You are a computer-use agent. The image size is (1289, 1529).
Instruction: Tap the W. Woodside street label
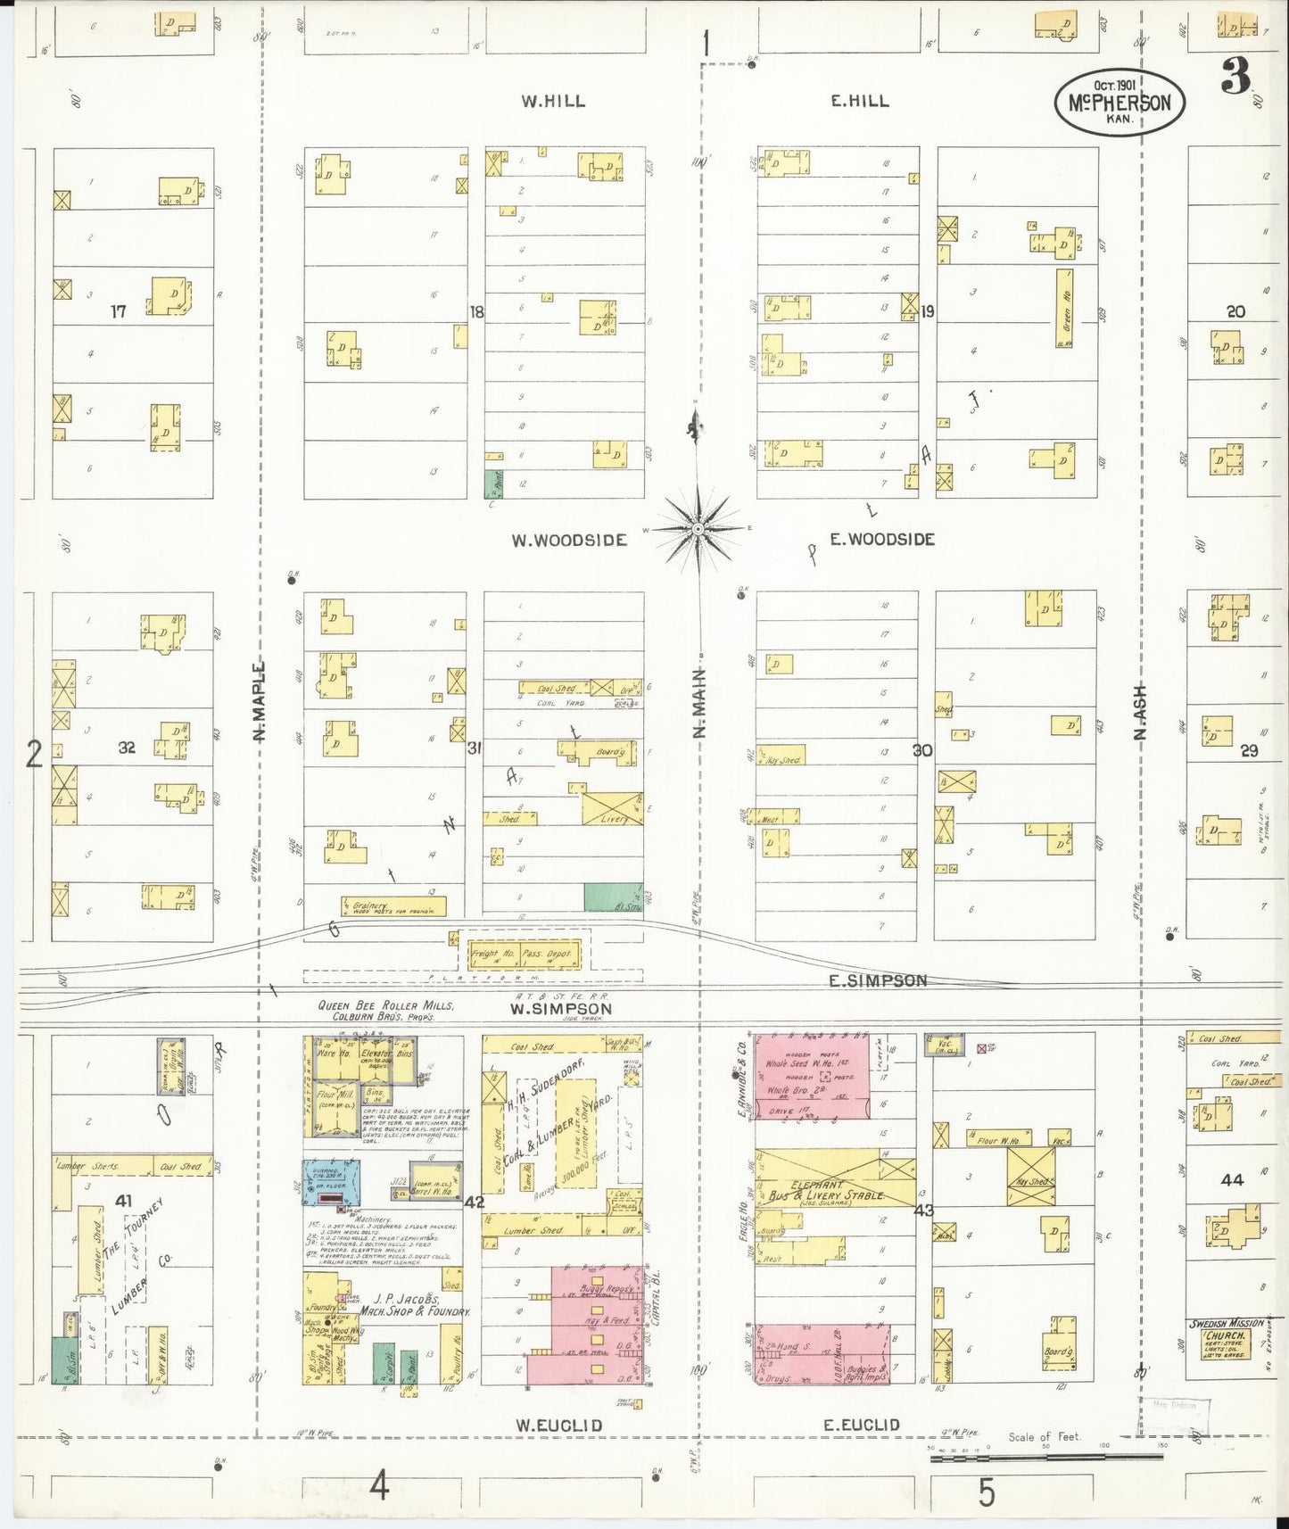[569, 540]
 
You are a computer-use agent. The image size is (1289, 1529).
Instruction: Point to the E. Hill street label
[859, 102]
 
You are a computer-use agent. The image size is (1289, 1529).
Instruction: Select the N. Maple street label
[260, 701]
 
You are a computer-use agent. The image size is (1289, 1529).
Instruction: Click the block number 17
[119, 311]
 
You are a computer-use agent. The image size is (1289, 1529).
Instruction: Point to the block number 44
[1232, 1179]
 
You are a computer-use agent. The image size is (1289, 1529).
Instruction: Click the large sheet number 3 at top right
[1235, 80]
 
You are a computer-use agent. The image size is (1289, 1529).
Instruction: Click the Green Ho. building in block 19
[1064, 308]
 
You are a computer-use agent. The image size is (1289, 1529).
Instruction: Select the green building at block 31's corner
[613, 897]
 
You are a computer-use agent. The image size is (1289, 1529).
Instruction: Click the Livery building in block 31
[613, 808]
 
